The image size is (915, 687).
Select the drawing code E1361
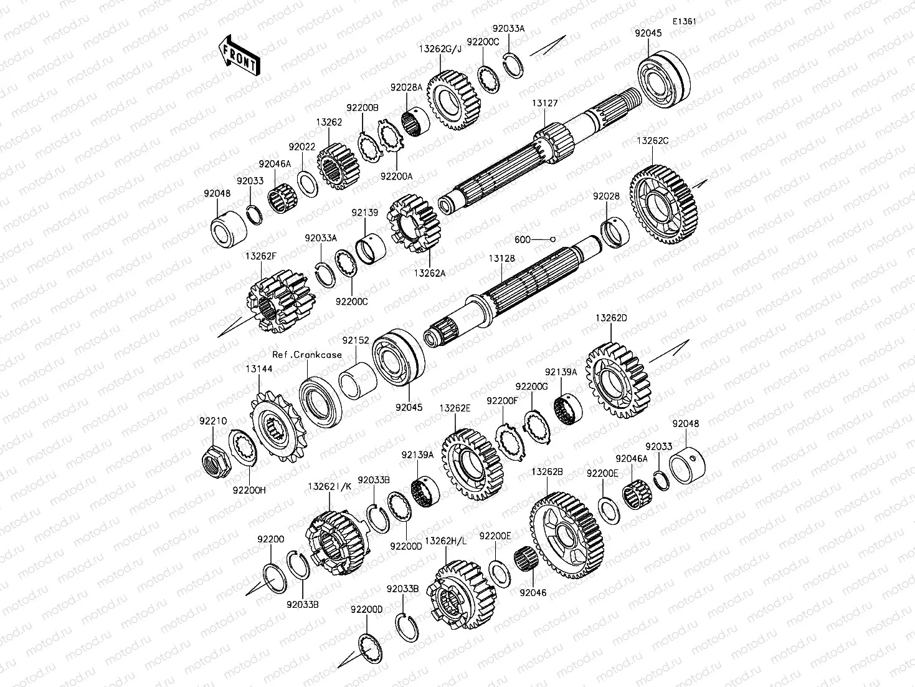click(x=684, y=21)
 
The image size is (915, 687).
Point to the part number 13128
click(x=501, y=258)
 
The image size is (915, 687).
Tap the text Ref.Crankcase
click(x=307, y=355)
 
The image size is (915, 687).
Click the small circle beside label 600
click(x=552, y=239)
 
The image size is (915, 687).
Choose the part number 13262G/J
click(x=440, y=49)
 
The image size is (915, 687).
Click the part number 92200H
click(x=249, y=489)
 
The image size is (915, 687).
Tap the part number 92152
click(x=355, y=340)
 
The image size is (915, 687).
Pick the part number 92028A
click(x=406, y=88)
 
